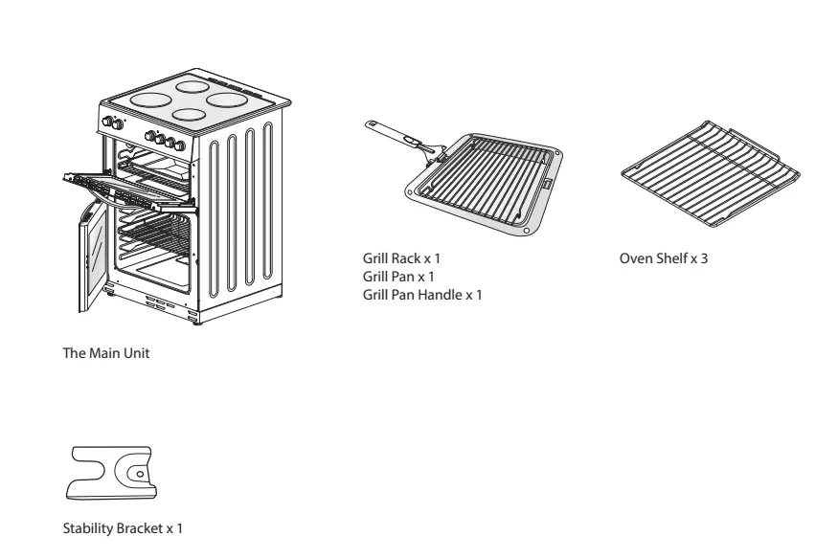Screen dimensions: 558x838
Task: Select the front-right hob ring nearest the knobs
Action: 190,115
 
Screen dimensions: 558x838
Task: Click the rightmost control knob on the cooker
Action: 181,145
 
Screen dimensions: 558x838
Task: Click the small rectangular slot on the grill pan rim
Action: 547,181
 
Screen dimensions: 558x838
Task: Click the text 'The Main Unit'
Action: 105,354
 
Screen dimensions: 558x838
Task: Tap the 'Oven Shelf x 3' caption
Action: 664,259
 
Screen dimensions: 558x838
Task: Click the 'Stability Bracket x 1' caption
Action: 121,527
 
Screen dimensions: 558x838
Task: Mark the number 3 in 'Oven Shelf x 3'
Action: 704,259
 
